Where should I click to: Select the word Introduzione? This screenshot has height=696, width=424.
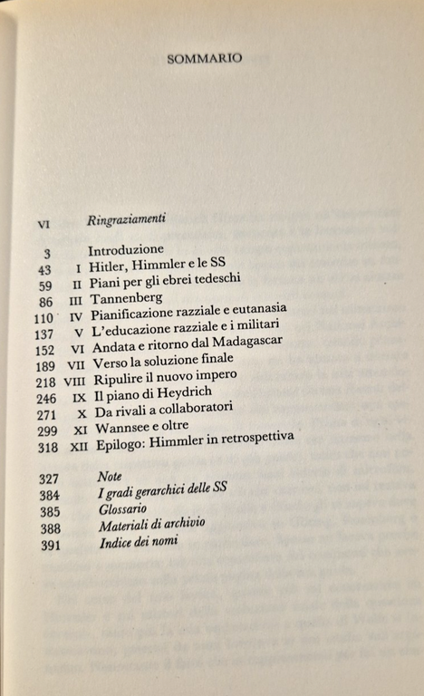pyautogui.click(x=126, y=249)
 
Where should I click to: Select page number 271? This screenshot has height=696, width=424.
pyautogui.click(x=48, y=415)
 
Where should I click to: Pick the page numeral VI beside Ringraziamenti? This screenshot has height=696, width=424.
pyautogui.click(x=43, y=220)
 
